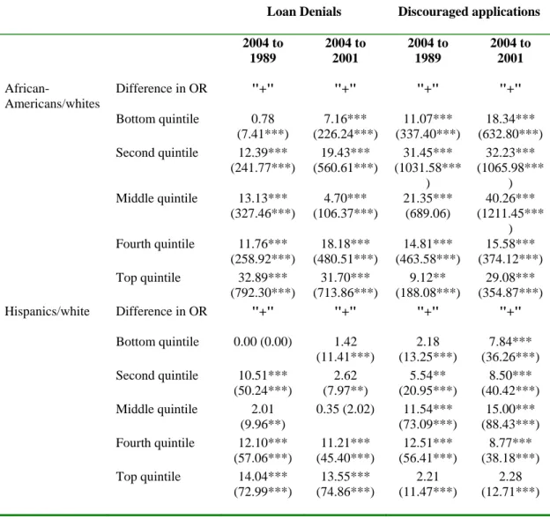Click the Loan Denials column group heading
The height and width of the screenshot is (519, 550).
tap(304, 11)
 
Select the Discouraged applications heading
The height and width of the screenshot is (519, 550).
tap(469, 11)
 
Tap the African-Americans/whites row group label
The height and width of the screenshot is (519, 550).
tap(52, 96)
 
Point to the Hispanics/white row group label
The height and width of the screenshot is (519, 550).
tap(47, 311)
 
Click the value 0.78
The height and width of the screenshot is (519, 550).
tap(263, 119)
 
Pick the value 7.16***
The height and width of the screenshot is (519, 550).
tap(346, 119)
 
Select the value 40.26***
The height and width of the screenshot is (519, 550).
tap(510, 198)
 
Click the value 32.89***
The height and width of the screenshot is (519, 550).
tap(263, 278)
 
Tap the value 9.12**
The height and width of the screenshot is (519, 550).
tap(427, 278)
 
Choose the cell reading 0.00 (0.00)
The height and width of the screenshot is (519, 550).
tap(263, 342)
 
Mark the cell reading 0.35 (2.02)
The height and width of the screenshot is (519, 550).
tap(346, 409)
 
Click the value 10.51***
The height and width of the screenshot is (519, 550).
tap(263, 375)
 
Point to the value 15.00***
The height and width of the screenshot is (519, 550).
tap(510, 409)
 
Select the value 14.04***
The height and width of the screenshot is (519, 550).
tap(263, 476)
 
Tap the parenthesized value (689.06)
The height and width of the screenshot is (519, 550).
tap(427, 213)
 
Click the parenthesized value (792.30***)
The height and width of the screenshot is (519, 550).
tap(263, 293)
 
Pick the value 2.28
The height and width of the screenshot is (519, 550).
tap(510, 476)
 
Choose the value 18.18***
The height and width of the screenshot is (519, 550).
tap(346, 244)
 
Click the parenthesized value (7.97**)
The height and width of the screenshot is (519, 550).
tap(346, 390)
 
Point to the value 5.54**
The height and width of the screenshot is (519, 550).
tap(427, 375)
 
